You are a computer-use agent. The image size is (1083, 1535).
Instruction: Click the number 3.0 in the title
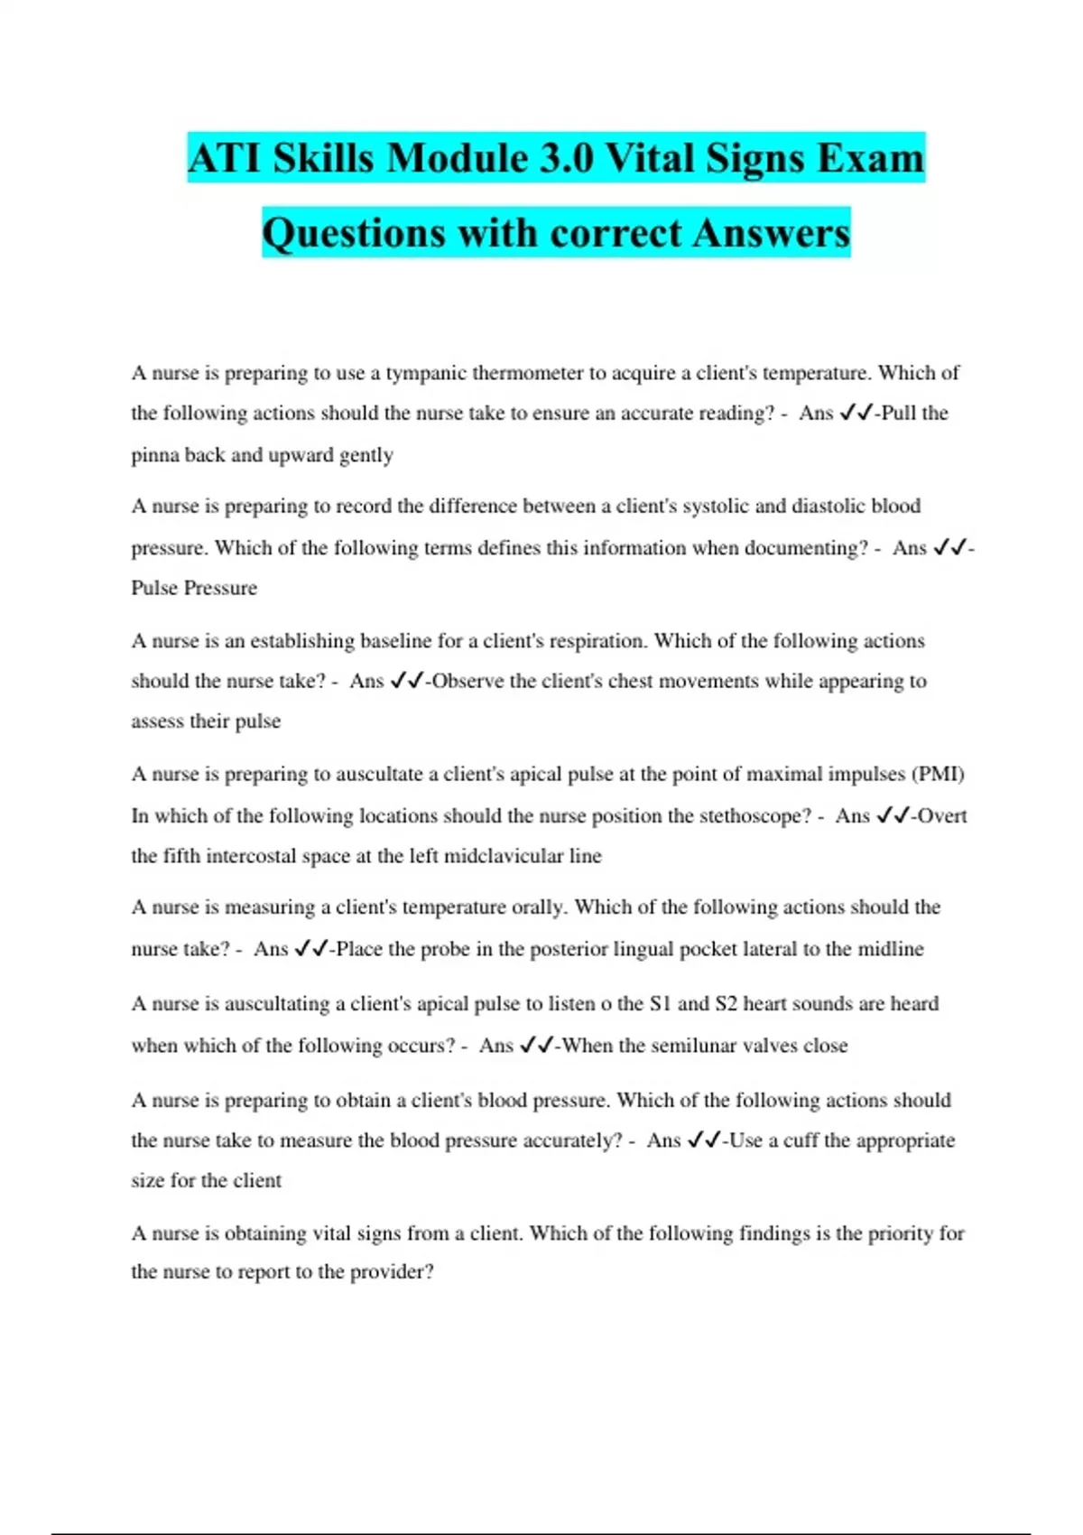click(567, 158)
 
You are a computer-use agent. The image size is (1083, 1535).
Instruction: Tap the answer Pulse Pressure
click(194, 588)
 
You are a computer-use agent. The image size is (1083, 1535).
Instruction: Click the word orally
click(539, 907)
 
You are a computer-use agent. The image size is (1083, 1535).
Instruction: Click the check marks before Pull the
click(856, 414)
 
